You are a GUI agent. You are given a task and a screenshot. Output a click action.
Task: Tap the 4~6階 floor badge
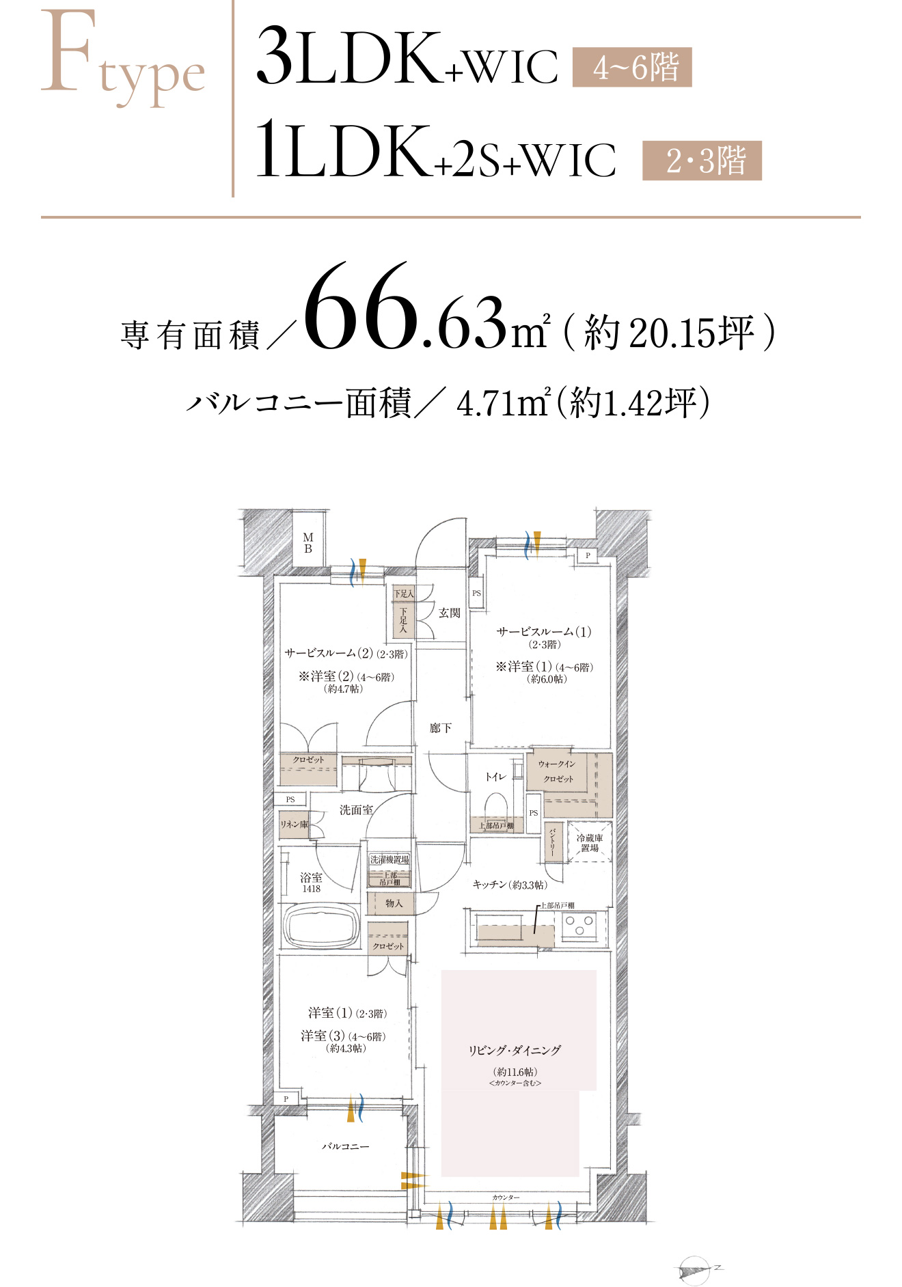[x=632, y=67]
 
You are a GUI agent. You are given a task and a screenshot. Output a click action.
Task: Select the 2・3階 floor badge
[x=702, y=161]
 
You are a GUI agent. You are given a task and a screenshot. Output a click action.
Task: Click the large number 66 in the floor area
[x=361, y=307]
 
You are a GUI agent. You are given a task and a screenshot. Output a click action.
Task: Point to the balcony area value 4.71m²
[x=503, y=403]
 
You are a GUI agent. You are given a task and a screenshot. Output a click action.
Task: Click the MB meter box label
[x=308, y=543]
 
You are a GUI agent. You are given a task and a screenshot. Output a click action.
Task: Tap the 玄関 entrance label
[x=449, y=613]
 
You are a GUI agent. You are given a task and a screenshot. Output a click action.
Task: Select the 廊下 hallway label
[x=440, y=728]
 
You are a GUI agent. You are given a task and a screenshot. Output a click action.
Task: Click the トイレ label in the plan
[x=495, y=777]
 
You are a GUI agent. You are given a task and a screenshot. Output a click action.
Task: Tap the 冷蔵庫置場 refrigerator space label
[x=589, y=842]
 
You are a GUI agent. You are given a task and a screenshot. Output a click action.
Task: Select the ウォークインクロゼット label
[x=558, y=771]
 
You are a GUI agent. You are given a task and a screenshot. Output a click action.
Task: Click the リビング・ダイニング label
[x=515, y=1051]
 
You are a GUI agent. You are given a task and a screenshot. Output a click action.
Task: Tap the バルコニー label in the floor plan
[x=345, y=1146]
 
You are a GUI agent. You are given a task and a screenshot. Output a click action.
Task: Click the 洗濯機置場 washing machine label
[x=389, y=859]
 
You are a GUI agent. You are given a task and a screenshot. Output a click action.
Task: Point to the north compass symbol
[x=696, y=1269]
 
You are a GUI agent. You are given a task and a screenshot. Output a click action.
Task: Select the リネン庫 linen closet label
[x=294, y=825]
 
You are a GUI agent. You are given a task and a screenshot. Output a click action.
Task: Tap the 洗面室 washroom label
[x=356, y=810]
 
